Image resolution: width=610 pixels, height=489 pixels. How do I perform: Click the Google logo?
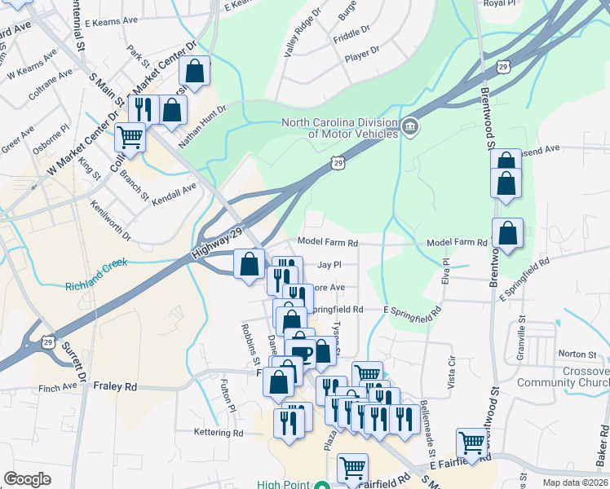(x=27, y=479)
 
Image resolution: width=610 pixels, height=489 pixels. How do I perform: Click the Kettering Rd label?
(x=219, y=432)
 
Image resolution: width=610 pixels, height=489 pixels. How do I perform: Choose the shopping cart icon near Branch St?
(x=130, y=136)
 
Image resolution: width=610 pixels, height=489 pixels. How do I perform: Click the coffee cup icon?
(x=300, y=352)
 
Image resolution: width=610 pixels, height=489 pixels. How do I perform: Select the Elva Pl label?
(x=446, y=272)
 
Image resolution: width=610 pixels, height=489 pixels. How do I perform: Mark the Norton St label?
(x=577, y=354)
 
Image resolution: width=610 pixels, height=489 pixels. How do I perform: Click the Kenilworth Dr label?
(x=110, y=220)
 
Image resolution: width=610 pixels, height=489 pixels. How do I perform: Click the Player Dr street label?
(x=362, y=51)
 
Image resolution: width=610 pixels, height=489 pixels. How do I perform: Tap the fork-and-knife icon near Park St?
(x=144, y=108)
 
